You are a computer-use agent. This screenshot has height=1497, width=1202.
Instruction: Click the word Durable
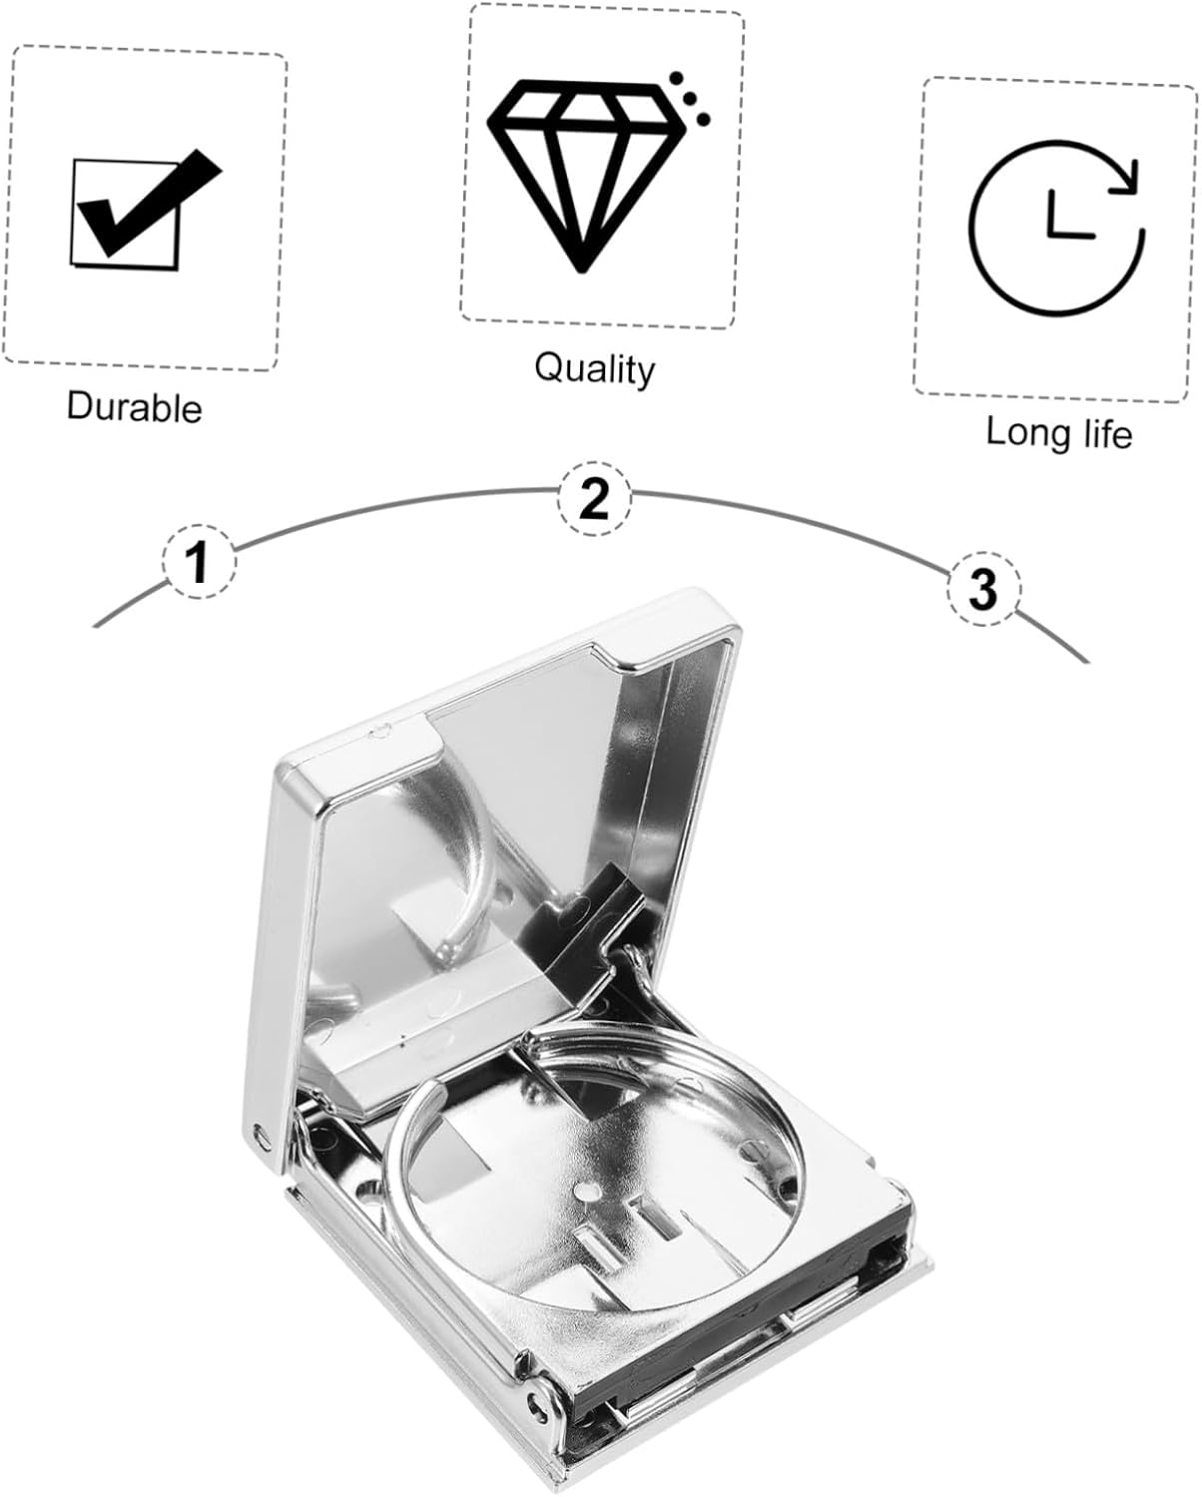[x=135, y=407]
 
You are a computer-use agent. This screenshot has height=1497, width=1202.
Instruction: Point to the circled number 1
[x=199, y=561]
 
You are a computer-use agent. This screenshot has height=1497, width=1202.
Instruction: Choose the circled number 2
[x=594, y=498]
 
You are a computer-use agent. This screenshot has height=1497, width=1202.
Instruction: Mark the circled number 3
[x=983, y=589]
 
